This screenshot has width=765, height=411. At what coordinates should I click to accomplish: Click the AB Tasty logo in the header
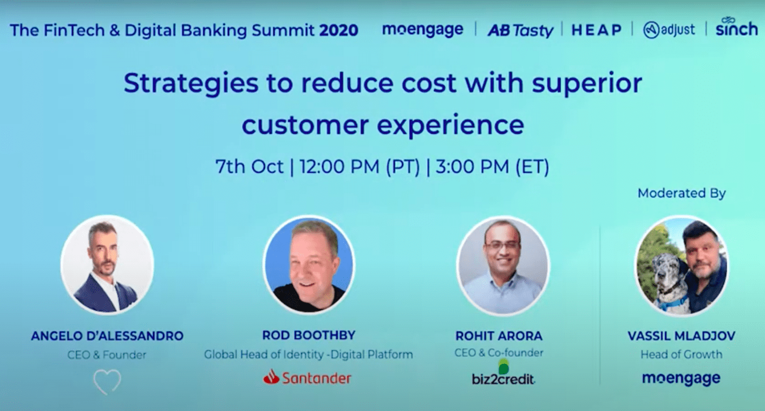(520, 30)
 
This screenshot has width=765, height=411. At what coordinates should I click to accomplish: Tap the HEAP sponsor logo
(597, 30)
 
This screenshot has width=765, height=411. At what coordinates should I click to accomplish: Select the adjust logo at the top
(669, 30)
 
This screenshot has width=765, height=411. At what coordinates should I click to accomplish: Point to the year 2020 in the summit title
(338, 30)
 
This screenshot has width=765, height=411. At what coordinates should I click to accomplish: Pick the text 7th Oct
(249, 167)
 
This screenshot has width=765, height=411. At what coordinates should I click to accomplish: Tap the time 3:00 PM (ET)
(492, 167)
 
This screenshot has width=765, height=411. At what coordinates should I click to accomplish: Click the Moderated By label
(682, 193)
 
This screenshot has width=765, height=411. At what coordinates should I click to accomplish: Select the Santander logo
(308, 377)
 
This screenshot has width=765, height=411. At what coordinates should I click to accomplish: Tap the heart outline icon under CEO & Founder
(107, 381)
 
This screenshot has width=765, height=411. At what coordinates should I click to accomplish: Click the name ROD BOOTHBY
(309, 336)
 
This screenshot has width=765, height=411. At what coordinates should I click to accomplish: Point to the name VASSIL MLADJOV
(681, 336)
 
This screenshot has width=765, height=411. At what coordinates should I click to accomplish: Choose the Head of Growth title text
(681, 355)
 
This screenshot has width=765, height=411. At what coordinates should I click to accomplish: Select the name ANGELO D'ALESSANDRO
(107, 336)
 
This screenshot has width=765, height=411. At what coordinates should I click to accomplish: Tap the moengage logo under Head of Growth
(681, 379)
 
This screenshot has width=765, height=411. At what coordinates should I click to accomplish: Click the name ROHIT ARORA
(499, 336)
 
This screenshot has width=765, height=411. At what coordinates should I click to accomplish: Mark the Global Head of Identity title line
(309, 355)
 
